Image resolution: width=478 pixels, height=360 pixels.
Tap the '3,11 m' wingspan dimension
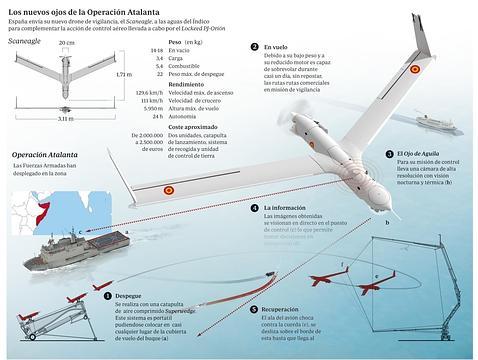pyautogui.click(x=66, y=119)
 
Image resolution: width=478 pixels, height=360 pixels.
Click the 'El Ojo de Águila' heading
pyautogui.click(x=417, y=154)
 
